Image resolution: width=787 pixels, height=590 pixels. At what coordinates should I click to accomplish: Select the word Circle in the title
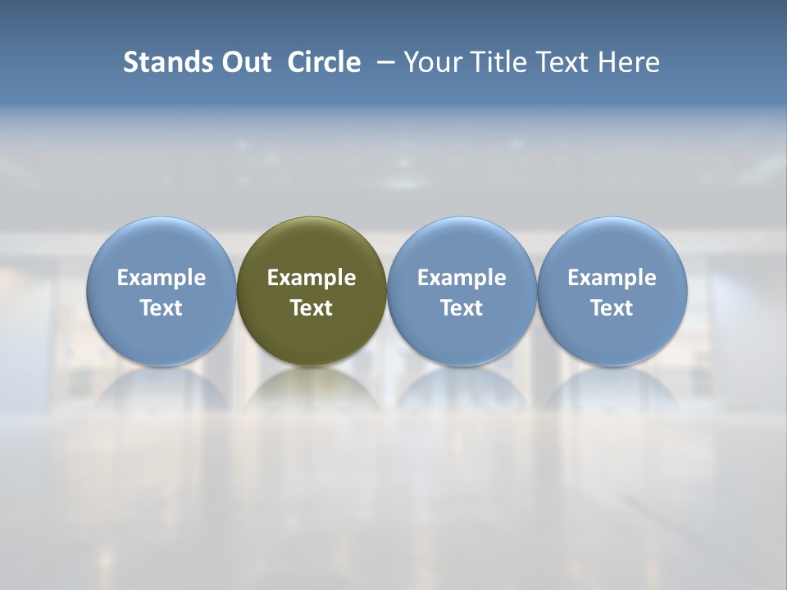coord(324,62)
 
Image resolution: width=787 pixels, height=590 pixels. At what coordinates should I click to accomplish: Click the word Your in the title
coord(430,62)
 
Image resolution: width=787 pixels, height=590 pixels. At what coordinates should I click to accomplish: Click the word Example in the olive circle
coord(312,278)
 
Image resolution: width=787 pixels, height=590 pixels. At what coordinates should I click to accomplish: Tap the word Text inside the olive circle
coord(312,308)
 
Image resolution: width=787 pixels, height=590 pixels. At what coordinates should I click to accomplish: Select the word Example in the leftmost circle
coord(161,278)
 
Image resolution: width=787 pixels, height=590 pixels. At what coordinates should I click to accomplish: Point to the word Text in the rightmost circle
coord(612,308)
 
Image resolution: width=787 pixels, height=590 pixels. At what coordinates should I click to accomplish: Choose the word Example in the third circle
coord(462,278)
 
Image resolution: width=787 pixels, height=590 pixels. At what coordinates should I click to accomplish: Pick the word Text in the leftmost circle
coord(161,308)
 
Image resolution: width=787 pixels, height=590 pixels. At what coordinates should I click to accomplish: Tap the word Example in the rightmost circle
coord(612,278)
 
